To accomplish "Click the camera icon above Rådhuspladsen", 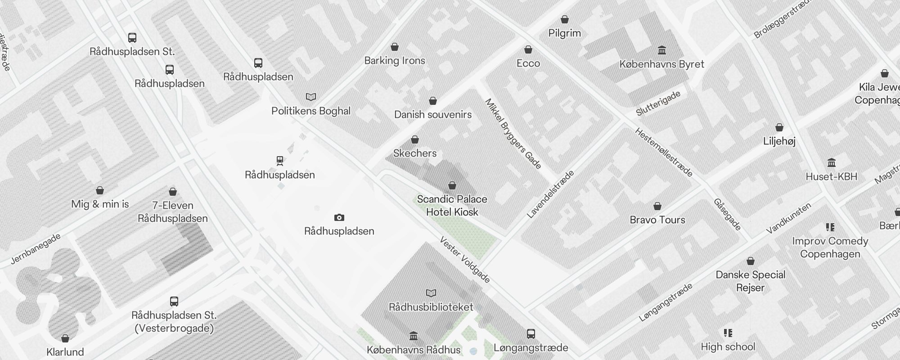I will click(x=339, y=218).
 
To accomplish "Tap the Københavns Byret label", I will click(x=661, y=64).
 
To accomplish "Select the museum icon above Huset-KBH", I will click(x=831, y=162).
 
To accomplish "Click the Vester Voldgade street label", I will click(x=465, y=260).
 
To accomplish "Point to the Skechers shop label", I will click(x=415, y=153).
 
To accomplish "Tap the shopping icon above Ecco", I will click(x=528, y=49).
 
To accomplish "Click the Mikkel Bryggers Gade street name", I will click(x=513, y=134).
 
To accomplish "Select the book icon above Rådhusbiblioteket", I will click(x=431, y=293).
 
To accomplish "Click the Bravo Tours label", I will click(x=657, y=220).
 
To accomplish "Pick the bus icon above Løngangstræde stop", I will click(x=531, y=334).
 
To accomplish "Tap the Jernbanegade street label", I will click(x=36, y=249).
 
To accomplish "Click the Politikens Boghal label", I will click(x=311, y=111).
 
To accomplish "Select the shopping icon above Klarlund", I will click(x=65, y=338).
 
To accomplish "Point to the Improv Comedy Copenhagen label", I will click(x=830, y=247).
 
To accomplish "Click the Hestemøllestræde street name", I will click(x=664, y=153).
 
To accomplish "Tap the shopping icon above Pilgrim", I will click(x=565, y=19).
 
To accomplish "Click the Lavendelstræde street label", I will click(x=550, y=194).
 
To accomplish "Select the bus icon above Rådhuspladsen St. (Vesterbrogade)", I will click(x=174, y=301).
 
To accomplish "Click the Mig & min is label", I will click(x=100, y=204).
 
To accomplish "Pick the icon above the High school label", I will click(x=728, y=333).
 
